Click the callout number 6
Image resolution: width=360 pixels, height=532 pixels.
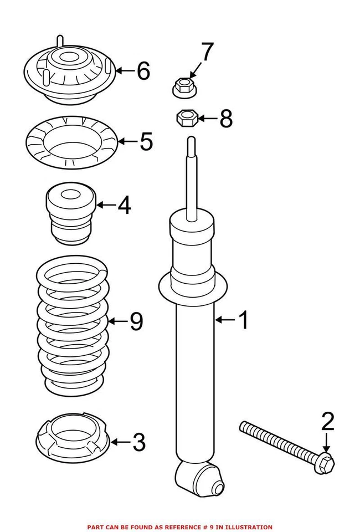tap(143, 71)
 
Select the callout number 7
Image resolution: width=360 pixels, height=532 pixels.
tap(207, 53)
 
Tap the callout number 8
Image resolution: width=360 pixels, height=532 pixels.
tap(225, 119)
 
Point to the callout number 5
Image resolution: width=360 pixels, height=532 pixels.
tap(146, 142)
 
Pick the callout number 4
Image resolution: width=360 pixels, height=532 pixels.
tap(124, 206)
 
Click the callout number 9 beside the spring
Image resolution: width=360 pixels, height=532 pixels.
tap(136, 321)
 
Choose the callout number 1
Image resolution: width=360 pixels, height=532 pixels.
tap(243, 320)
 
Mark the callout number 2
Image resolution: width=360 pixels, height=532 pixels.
tap(328, 422)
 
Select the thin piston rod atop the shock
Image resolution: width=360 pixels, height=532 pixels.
tap(191, 177)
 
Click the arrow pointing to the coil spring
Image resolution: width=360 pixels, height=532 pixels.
tap(117, 321)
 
